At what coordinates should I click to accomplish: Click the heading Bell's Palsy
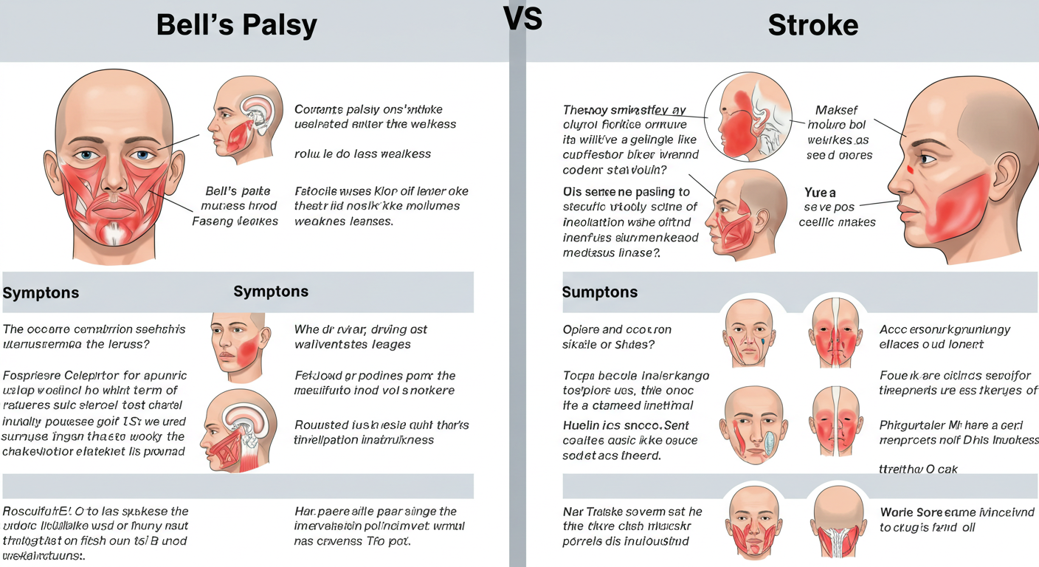[x=236, y=26]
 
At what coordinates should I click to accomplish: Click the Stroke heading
[x=812, y=26]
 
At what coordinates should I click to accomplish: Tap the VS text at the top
[x=522, y=18]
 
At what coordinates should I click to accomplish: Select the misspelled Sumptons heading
[x=599, y=292]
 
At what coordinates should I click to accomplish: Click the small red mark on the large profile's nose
[x=909, y=171]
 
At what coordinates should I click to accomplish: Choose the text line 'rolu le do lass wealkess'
[x=362, y=154]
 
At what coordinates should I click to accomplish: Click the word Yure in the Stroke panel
[x=820, y=193]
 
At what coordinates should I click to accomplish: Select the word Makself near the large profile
[x=836, y=111]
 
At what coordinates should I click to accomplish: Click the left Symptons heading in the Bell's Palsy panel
[x=41, y=293]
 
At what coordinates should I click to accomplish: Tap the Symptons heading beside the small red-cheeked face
[x=271, y=292]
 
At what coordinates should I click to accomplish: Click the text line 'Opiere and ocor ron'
[x=617, y=330]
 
